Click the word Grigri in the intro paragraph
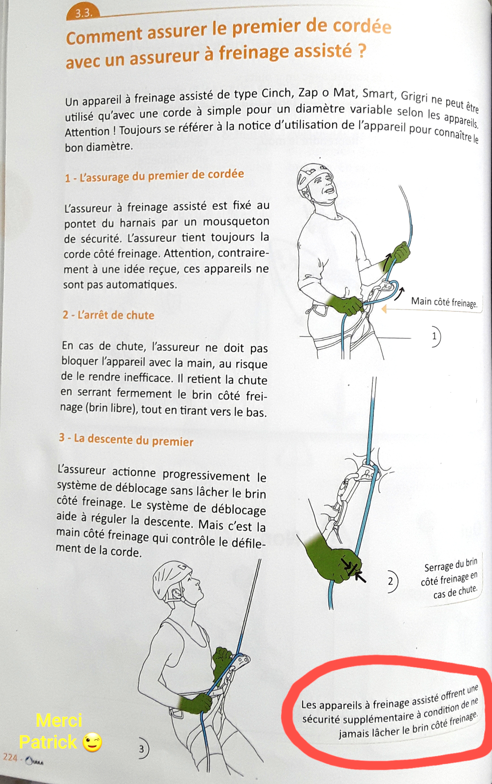pyautogui.click(x=414, y=96)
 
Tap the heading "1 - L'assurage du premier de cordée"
pyautogui.click(x=154, y=176)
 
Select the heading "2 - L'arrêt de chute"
pyautogui.click(x=108, y=315)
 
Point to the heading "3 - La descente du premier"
pyautogui.click(x=126, y=439)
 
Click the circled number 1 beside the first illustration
pyautogui.click(x=434, y=337)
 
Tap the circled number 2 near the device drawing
pyautogui.click(x=391, y=582)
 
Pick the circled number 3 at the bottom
pyautogui.click(x=142, y=749)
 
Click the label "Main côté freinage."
pyautogui.click(x=444, y=302)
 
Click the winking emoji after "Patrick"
pyautogui.click(x=92, y=742)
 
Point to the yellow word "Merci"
pyautogui.click(x=59, y=721)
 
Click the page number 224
pyautogui.click(x=10, y=757)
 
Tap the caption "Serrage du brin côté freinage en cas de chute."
pyautogui.click(x=449, y=579)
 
